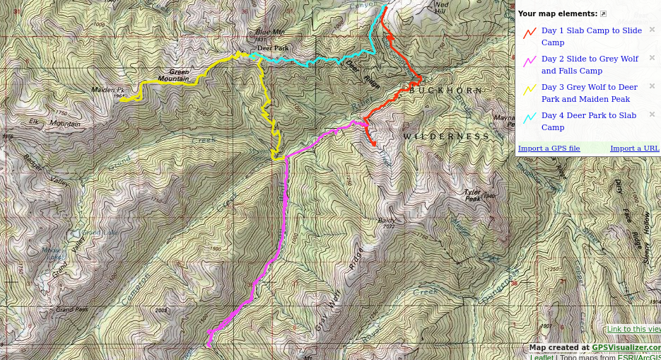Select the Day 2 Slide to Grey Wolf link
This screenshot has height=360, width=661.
[x=590, y=64]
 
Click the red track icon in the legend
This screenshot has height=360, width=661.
[x=530, y=33]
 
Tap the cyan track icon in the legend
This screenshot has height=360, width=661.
[x=530, y=117]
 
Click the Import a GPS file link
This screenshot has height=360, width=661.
[x=549, y=149]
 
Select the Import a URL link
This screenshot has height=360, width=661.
[x=634, y=149]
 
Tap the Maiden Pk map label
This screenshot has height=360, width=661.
[x=107, y=90]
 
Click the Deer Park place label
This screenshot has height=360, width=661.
[x=272, y=48]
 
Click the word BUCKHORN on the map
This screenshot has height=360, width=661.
[x=446, y=91]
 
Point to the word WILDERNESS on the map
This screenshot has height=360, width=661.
[x=446, y=137]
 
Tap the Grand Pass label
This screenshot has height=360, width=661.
[x=72, y=309]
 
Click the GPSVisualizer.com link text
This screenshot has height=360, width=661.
[x=626, y=347]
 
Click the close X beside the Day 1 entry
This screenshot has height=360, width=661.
[x=652, y=30]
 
